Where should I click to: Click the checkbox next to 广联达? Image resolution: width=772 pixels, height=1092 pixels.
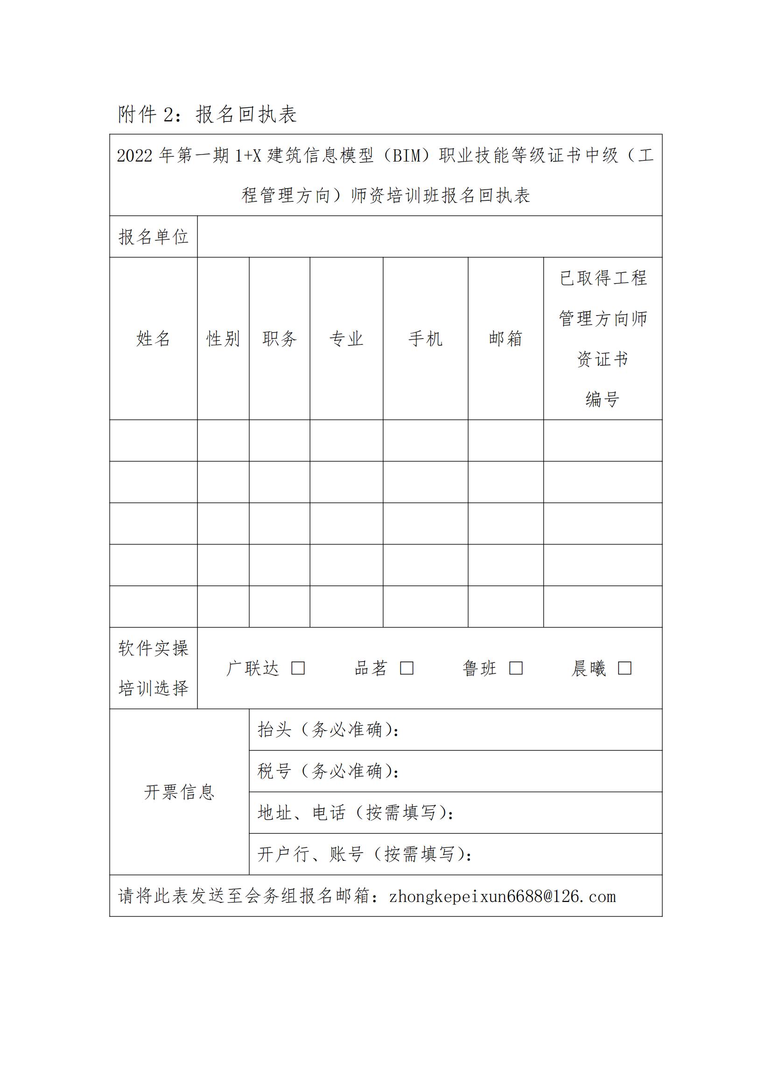[x=298, y=668]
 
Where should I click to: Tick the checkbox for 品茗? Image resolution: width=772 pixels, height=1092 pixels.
[x=407, y=668]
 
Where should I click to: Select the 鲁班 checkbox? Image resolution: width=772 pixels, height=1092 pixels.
[x=516, y=668]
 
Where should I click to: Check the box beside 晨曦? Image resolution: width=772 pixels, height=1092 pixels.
[x=625, y=668]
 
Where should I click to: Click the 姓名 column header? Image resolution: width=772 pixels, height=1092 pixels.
[x=153, y=338]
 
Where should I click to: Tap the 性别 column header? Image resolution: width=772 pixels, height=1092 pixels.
[x=223, y=338]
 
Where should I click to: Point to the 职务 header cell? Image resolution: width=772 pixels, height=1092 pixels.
[x=280, y=338]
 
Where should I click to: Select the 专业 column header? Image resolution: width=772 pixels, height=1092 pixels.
[x=346, y=338]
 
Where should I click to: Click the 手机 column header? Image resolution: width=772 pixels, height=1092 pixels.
[x=426, y=338]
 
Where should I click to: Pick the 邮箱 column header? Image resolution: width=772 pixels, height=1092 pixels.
[x=506, y=338]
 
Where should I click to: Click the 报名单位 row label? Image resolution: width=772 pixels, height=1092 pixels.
[x=153, y=237]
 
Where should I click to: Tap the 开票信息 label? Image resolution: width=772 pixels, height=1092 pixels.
[x=179, y=792]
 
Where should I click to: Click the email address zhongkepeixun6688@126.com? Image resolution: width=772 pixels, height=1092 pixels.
[x=502, y=896]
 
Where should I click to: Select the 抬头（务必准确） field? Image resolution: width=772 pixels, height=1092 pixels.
[x=328, y=730]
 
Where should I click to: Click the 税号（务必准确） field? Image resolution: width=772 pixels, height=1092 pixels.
[x=328, y=771]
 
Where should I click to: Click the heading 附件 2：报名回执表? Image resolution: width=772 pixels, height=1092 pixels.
[x=207, y=115]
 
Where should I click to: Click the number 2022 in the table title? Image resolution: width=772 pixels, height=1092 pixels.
[x=134, y=156]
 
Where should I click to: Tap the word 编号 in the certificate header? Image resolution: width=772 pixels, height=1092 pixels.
[x=602, y=399]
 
